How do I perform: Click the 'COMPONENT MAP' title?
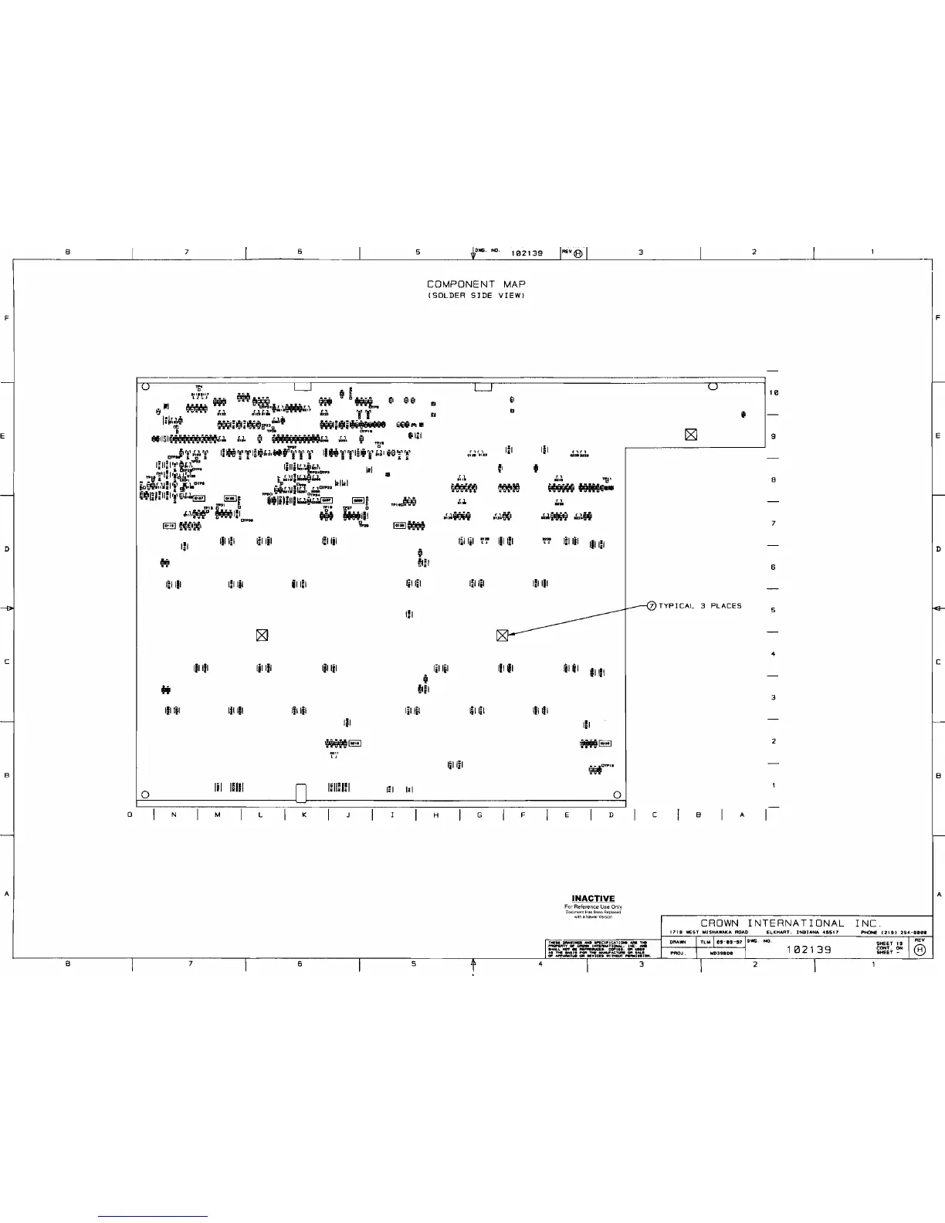pyautogui.click(x=476, y=285)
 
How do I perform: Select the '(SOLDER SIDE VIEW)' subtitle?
pyautogui.click(x=476, y=296)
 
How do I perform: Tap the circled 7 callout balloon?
pyautogui.click(x=651, y=606)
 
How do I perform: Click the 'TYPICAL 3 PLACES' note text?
pyautogui.click(x=699, y=606)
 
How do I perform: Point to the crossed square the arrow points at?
pyautogui.click(x=502, y=635)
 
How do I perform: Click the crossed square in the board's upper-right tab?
pyautogui.click(x=691, y=435)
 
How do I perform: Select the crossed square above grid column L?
pyautogui.click(x=262, y=635)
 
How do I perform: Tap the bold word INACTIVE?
pyautogui.click(x=593, y=898)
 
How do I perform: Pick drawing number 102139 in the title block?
pyautogui.click(x=808, y=950)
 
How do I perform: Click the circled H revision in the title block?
pyautogui.click(x=919, y=950)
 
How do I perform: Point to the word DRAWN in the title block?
pyautogui.click(x=679, y=942)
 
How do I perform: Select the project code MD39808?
pyautogui.click(x=721, y=953)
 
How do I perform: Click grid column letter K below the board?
pyautogui.click(x=305, y=815)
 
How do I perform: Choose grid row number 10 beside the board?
pyautogui.click(x=774, y=393)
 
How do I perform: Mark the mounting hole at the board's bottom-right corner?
pyautogui.click(x=617, y=795)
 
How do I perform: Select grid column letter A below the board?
pyautogui.click(x=743, y=815)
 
